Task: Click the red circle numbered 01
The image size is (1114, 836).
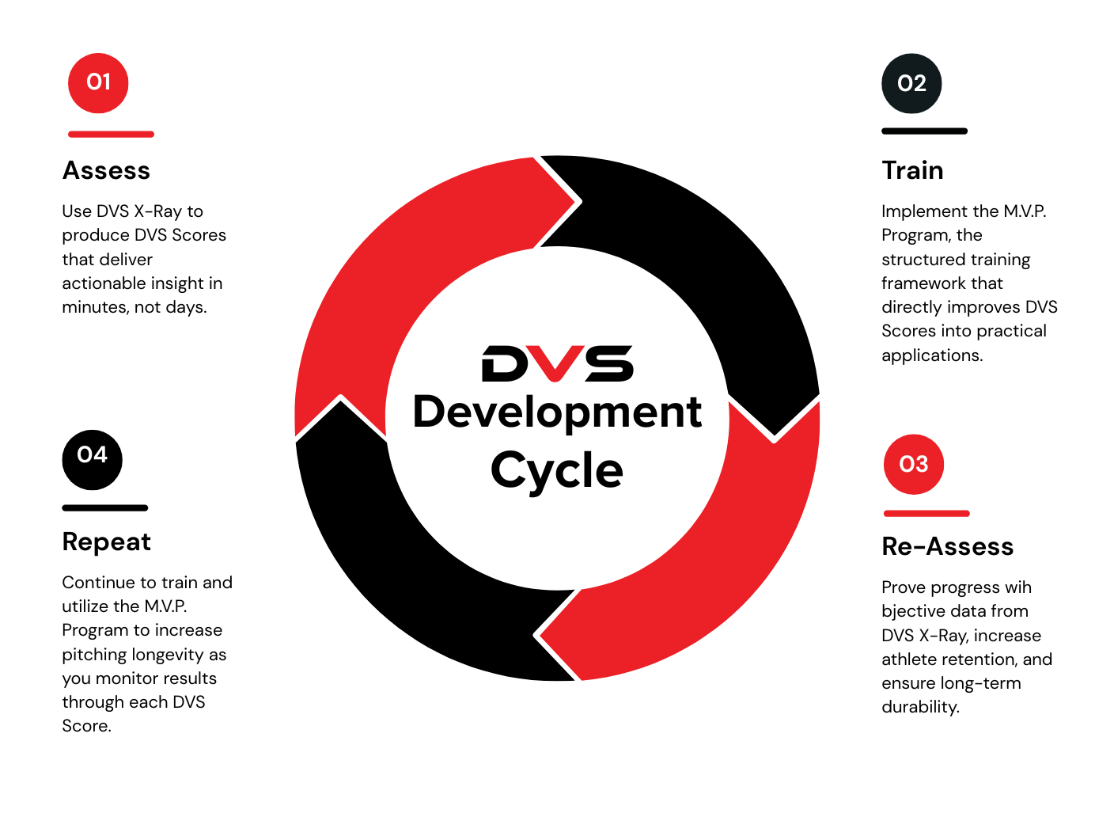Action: (x=98, y=83)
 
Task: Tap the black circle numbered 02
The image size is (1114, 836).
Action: (x=911, y=84)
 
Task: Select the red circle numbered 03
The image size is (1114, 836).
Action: (x=914, y=465)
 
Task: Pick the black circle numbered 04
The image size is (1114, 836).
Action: (x=93, y=460)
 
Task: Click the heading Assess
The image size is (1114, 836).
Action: (x=106, y=171)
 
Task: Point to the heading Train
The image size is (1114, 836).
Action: (x=912, y=171)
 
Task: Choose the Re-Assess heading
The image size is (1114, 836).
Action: (x=947, y=547)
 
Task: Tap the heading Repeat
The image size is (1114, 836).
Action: (x=106, y=542)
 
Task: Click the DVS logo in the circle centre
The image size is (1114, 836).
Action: (x=558, y=364)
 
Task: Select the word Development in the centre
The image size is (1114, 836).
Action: (x=557, y=413)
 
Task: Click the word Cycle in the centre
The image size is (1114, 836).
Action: (x=557, y=471)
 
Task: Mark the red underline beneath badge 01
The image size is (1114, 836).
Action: (x=111, y=135)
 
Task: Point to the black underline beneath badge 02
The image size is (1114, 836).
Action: (x=924, y=131)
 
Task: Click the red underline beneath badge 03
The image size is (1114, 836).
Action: (x=926, y=514)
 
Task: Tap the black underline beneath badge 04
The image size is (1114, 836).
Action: (x=105, y=508)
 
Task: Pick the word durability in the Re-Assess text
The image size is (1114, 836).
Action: (x=919, y=707)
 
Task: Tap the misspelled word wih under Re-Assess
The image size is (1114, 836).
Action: (x=1017, y=587)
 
